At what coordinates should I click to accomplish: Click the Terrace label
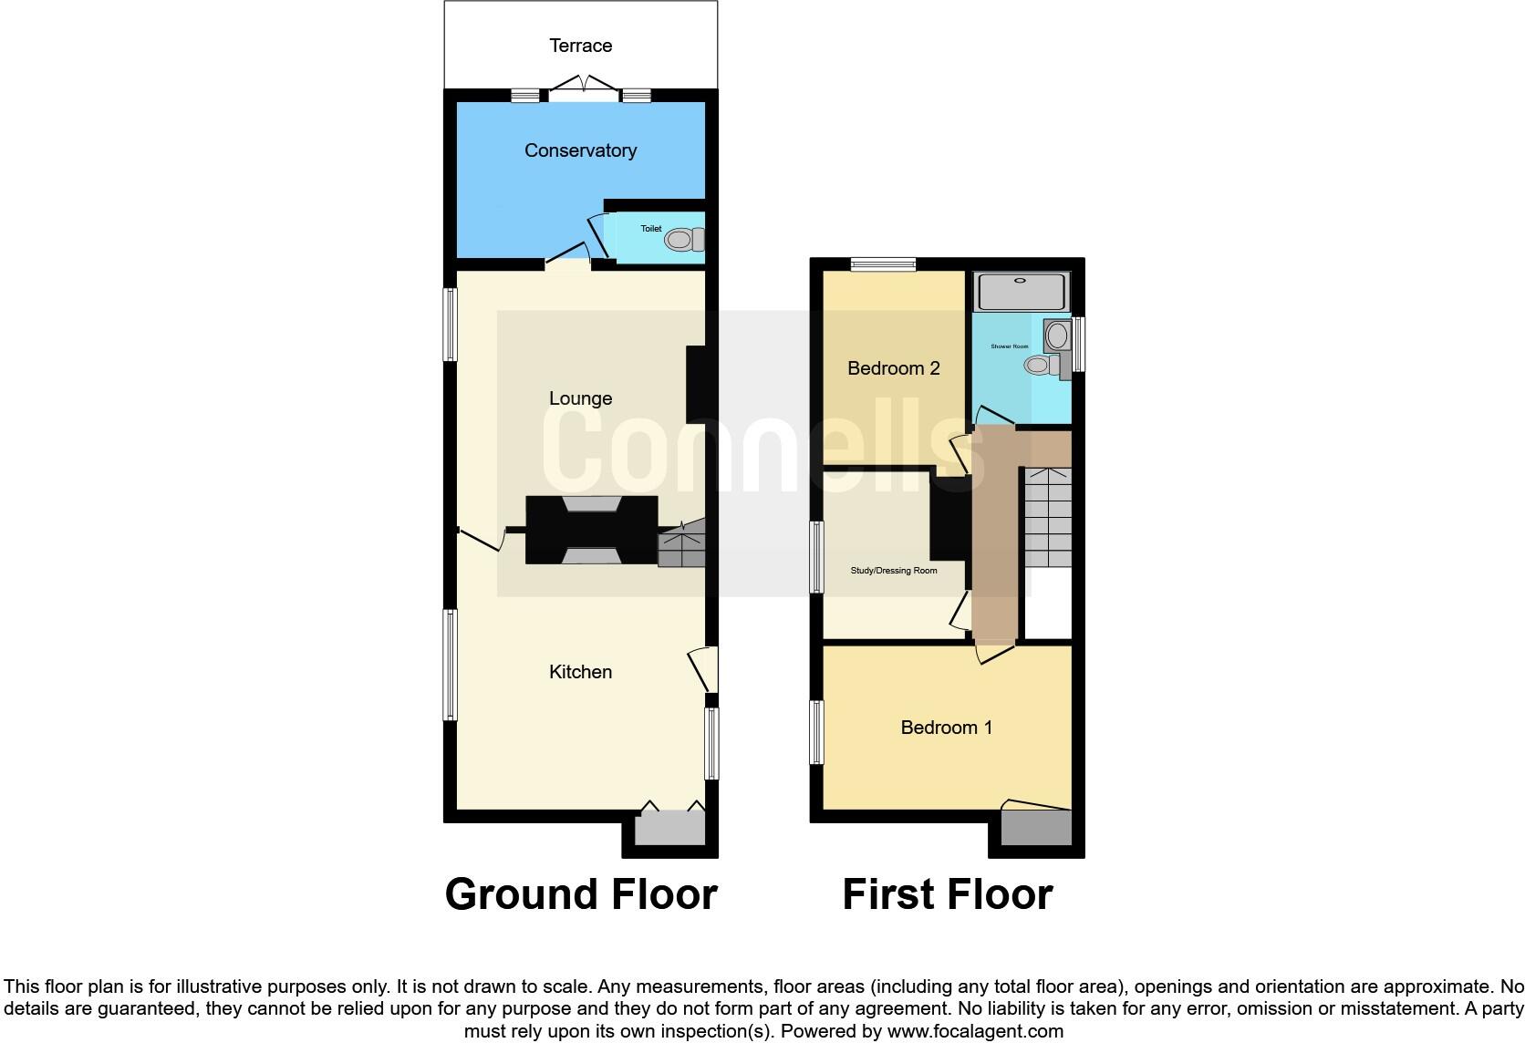(x=580, y=46)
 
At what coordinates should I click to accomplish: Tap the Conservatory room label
(x=580, y=150)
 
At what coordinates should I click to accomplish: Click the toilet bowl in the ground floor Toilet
(x=679, y=240)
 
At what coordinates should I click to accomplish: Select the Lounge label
(x=580, y=398)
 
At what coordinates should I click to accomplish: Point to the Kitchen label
(x=580, y=672)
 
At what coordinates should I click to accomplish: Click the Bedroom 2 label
(x=893, y=368)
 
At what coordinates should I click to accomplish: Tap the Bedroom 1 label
(x=946, y=728)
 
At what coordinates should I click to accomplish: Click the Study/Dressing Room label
(x=893, y=571)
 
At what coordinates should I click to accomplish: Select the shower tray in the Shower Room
(x=1021, y=292)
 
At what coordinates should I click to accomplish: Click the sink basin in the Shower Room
(x=1057, y=336)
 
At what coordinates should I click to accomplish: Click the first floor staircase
(x=1047, y=517)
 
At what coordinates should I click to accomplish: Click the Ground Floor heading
(x=580, y=894)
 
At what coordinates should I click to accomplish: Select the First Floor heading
(x=947, y=894)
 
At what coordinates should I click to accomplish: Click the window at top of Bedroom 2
(x=883, y=265)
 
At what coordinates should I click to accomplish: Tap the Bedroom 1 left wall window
(x=817, y=732)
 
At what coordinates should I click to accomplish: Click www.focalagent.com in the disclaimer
(x=975, y=1031)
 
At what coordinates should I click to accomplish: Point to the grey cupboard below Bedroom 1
(x=1036, y=828)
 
